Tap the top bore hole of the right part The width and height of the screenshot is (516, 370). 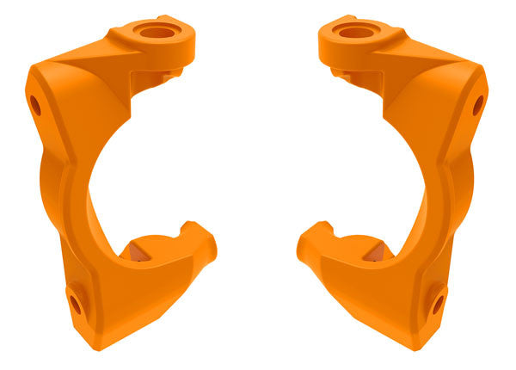tap(356, 33)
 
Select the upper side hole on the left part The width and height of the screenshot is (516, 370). tap(35, 105)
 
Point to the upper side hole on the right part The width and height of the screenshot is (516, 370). tap(477, 105)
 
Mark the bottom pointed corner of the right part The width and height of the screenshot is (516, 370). tap(412, 348)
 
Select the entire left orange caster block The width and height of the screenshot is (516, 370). tap(95, 215)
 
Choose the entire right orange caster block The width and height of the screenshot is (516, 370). tap(421, 215)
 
